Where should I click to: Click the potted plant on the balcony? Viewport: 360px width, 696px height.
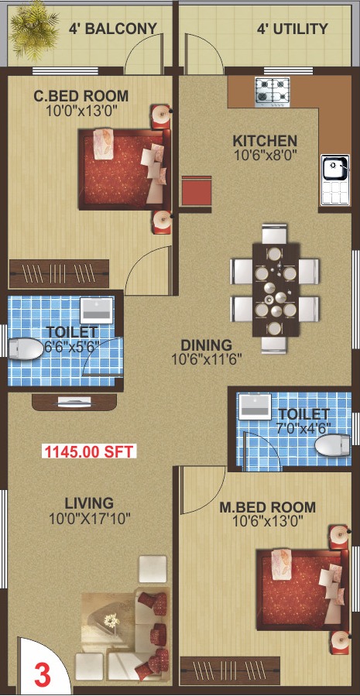point(33,31)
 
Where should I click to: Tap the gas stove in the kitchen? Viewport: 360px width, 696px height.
point(272,92)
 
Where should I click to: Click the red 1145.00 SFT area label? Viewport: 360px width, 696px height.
point(89,451)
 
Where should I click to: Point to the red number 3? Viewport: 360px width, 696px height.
point(43,675)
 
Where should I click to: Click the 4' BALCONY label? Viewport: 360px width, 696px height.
point(113,29)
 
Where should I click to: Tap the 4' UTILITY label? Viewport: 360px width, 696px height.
point(293,29)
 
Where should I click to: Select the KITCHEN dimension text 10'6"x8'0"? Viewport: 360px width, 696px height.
point(266,155)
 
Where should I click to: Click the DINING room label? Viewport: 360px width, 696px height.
point(207,345)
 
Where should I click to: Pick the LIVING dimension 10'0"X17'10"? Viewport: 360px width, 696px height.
point(90,518)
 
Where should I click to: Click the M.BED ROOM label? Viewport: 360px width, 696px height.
point(268,507)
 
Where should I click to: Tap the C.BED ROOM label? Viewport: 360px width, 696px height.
point(81,96)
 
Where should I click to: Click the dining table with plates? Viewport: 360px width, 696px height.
point(274,289)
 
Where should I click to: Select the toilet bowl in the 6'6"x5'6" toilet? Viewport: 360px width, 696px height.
point(25,349)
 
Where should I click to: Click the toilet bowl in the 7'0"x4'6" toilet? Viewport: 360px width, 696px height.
point(332,446)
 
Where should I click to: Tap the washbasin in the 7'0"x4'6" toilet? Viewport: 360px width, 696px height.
point(255,406)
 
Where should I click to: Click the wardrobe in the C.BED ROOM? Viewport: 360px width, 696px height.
point(59,273)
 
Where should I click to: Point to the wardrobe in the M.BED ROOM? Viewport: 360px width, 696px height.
point(230,670)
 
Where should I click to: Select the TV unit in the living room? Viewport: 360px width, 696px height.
point(74,401)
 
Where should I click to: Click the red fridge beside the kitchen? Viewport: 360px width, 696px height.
point(197,191)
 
